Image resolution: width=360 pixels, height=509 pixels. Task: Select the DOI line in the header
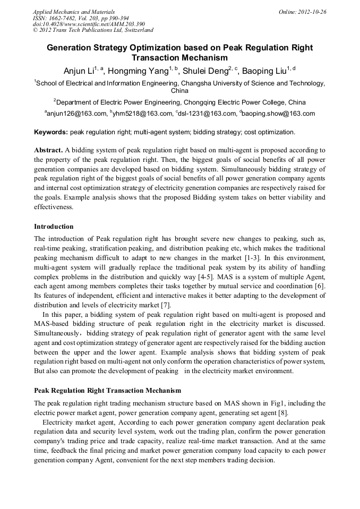pyautogui.click(x=89, y=24)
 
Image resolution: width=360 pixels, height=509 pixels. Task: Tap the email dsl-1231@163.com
pyautogui.click(x=209, y=114)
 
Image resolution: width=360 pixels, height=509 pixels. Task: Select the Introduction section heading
pyautogui.click(x=54, y=227)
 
